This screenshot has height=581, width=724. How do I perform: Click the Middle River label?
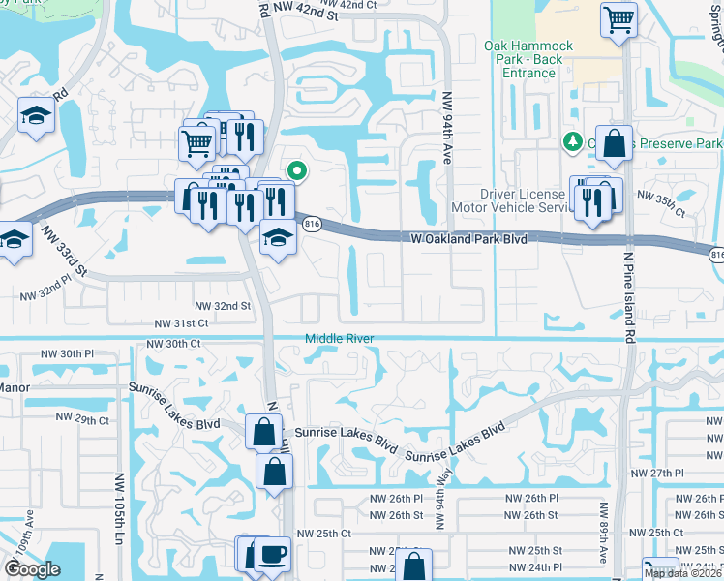340,338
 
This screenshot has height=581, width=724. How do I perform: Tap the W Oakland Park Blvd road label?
468,237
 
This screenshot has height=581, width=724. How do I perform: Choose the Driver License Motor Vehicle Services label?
514,201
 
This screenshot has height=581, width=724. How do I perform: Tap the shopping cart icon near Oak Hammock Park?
618,17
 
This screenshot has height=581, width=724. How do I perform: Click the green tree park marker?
572,142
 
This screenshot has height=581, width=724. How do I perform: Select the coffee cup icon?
273,554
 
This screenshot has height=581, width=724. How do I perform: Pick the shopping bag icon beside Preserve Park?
614,144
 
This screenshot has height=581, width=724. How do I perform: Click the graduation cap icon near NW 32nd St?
277,238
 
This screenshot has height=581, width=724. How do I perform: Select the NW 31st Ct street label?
181,322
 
